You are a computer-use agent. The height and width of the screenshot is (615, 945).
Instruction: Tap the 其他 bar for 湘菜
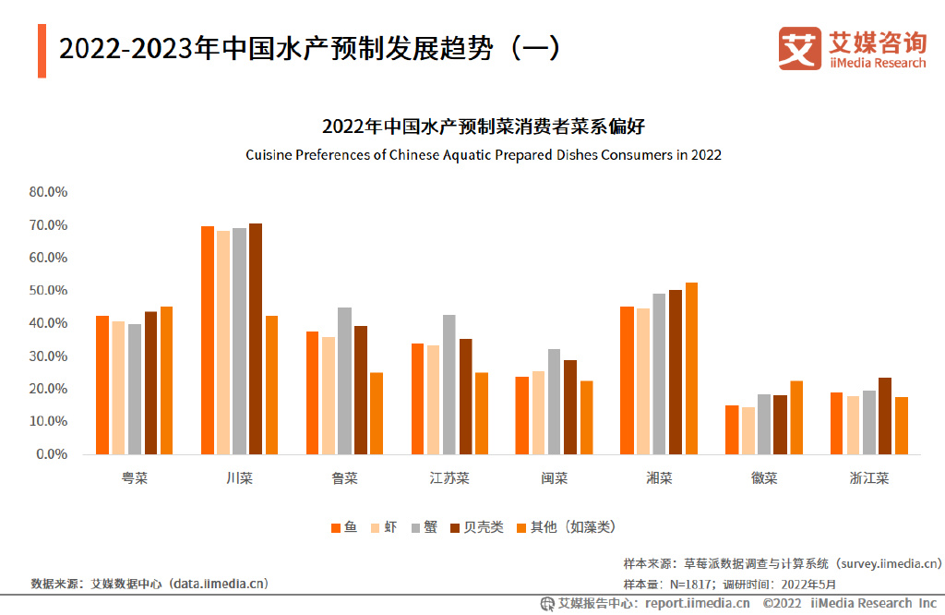(691, 368)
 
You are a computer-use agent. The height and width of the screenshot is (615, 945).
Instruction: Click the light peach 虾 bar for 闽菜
(539, 413)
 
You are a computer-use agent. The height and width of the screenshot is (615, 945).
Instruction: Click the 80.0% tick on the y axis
(48, 192)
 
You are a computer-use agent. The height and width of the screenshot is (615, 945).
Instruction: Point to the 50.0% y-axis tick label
(48, 291)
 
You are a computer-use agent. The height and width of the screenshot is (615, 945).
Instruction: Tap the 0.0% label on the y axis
(52, 454)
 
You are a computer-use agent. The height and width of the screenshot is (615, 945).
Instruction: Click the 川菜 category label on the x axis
(239, 478)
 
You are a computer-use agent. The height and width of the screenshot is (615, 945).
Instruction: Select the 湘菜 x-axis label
(659, 478)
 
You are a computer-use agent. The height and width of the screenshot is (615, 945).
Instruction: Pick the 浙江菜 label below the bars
(868, 478)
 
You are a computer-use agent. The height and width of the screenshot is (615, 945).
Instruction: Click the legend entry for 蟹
(424, 527)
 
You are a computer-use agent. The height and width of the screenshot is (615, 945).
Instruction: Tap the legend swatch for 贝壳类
(454, 528)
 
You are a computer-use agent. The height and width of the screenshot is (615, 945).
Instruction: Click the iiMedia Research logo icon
(799, 48)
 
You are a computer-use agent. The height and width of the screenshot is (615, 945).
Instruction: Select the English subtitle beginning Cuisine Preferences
(483, 155)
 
